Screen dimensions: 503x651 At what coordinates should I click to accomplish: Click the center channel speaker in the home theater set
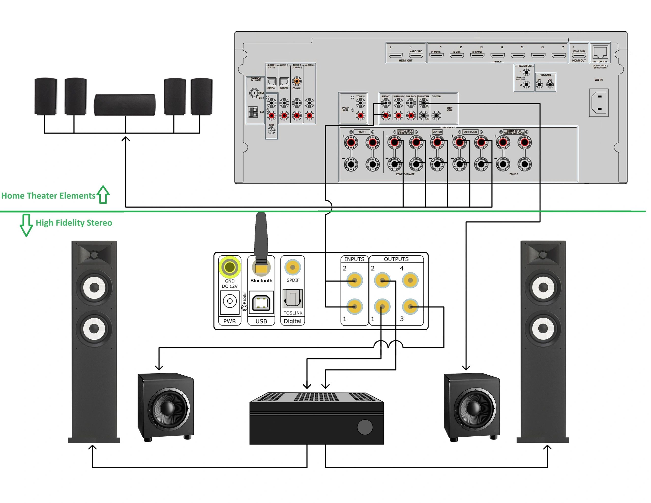pyautogui.click(x=125, y=105)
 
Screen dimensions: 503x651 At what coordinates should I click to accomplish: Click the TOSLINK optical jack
pyautogui.click(x=292, y=299)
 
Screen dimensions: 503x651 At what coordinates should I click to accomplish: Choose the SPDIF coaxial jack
pyautogui.click(x=292, y=268)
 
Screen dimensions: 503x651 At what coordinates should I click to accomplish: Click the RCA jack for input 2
pyautogui.click(x=355, y=280)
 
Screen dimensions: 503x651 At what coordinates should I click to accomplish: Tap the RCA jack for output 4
pyautogui.click(x=410, y=280)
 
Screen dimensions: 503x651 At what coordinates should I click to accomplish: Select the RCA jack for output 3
pyautogui.click(x=410, y=307)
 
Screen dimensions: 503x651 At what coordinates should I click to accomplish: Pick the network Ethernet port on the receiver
pyautogui.click(x=600, y=52)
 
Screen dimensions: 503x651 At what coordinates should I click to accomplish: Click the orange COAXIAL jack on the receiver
pyautogui.click(x=297, y=81)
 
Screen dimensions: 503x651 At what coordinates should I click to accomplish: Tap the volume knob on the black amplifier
pyautogui.click(x=365, y=427)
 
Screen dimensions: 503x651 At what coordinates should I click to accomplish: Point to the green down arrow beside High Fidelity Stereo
pyautogui.click(x=26, y=225)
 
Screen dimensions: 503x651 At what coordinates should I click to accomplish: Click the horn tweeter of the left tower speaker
pyautogui.click(x=94, y=255)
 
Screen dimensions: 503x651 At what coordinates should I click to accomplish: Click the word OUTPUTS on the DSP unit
pyautogui.click(x=396, y=259)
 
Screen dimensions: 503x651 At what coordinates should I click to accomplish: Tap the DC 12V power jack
pyautogui.click(x=230, y=301)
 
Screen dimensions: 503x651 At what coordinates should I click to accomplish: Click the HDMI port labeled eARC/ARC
pyautogui.click(x=416, y=55)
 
